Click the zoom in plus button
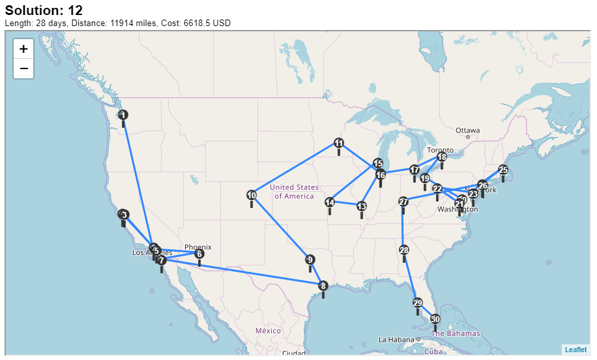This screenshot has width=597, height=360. [x=23, y=49]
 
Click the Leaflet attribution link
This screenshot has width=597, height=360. [x=575, y=350]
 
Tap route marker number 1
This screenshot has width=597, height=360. [x=123, y=115]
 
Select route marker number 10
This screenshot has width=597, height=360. [x=252, y=196]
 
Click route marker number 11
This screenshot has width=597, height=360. [x=339, y=143]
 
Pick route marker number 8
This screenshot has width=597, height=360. [x=323, y=286]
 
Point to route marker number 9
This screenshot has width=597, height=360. [x=310, y=260]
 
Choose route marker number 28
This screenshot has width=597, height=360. [x=404, y=250]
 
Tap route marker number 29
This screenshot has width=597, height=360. [x=418, y=303]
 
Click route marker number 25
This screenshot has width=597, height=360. [x=503, y=170]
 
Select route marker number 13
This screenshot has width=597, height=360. [x=362, y=207]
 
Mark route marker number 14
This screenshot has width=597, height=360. [x=330, y=203]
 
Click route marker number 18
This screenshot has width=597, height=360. [x=442, y=157]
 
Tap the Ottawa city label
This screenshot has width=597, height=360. [x=467, y=130]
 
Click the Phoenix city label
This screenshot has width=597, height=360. [x=197, y=247]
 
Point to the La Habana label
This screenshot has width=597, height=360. [x=397, y=339]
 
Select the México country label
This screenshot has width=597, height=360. [x=267, y=331]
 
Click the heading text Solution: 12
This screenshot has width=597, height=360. [x=44, y=10]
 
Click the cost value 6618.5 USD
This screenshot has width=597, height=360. [x=195, y=23]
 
